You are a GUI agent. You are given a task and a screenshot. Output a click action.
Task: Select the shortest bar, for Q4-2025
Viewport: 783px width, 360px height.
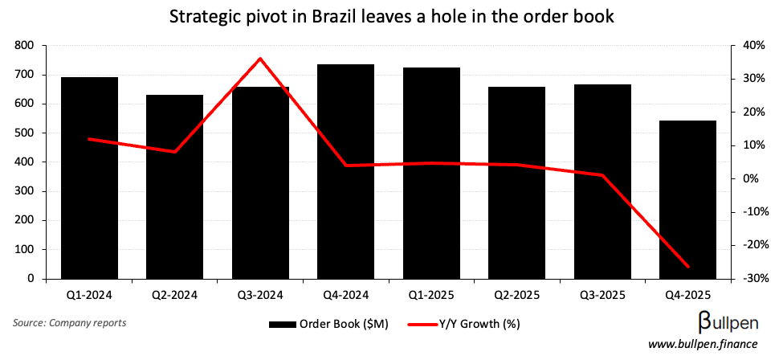pyautogui.click(x=687, y=200)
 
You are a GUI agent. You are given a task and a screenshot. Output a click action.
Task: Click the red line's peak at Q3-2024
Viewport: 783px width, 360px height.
pyautogui.click(x=260, y=58)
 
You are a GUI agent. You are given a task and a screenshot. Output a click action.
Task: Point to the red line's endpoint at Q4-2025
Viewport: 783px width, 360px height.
pyautogui.click(x=687, y=267)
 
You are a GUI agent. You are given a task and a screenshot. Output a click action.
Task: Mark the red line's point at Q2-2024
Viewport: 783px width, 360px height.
pyautogui.click(x=175, y=152)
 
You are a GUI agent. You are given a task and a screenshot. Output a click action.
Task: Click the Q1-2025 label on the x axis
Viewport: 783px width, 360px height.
pyautogui.click(x=431, y=293)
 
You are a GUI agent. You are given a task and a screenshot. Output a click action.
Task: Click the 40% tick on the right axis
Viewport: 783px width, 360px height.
pyautogui.click(x=754, y=46)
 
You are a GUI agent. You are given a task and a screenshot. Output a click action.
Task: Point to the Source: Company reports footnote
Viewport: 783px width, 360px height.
pyautogui.click(x=69, y=323)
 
